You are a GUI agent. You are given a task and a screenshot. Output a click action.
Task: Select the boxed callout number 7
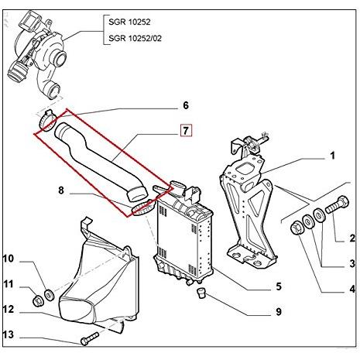pos(186,129)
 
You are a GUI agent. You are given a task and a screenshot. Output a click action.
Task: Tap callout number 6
pos(185,105)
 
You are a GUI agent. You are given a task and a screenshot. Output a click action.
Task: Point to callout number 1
pos(332,156)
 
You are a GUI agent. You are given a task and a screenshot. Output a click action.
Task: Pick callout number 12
pos(10,309)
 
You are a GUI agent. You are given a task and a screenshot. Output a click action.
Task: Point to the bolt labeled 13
pos(87,338)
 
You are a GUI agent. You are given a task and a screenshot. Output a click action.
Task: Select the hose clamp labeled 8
pos(142,207)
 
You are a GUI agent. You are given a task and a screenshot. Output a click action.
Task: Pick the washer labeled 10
pos(49,293)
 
